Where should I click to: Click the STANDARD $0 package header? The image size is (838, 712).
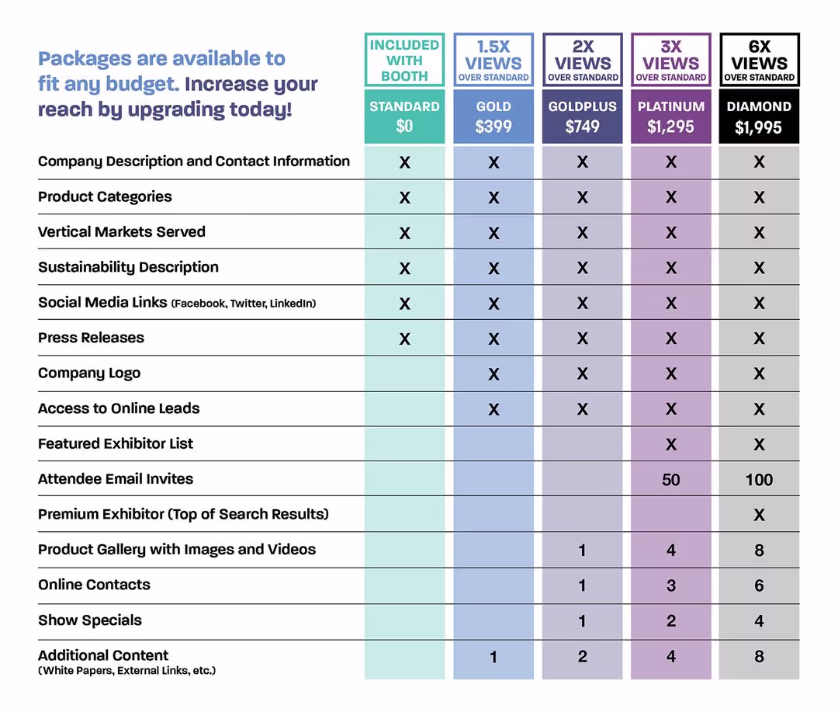pos(404,116)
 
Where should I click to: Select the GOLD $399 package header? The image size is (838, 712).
pos(493,116)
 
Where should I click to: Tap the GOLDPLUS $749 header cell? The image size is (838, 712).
pos(582,116)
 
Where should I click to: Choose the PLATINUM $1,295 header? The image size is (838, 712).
pos(671,116)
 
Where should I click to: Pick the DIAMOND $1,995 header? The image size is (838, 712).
pos(759,116)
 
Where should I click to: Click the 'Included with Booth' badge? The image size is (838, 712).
pos(404,60)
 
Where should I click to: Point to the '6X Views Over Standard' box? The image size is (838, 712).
pos(759,60)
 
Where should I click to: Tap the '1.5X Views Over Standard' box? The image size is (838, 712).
pos(493,60)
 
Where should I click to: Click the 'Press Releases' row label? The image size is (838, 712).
pos(91,338)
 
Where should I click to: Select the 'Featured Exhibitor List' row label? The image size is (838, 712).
pos(116,444)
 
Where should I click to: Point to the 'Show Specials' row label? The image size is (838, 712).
pos(90,620)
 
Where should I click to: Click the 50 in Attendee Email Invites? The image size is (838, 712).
pos(671,480)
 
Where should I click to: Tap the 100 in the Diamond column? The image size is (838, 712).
pos(759,480)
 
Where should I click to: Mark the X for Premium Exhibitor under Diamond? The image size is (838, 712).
pos(759,516)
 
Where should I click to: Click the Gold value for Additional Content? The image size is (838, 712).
pos(493,658)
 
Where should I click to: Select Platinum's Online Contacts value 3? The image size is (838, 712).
pos(671,586)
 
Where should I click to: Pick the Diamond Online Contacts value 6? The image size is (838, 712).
pos(759,586)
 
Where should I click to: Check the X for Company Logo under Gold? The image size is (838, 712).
pos(493,374)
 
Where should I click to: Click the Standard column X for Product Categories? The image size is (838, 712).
pos(404,198)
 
